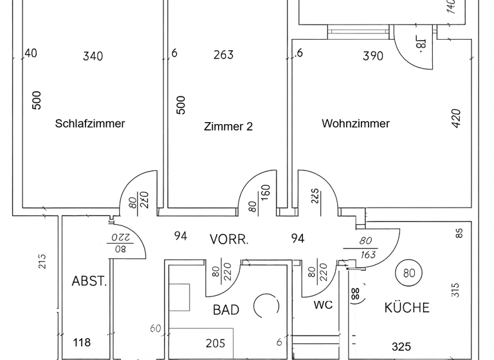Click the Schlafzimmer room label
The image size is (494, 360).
point(90,123)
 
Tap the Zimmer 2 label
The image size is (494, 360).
point(228,127)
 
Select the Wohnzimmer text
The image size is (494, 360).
point(356,123)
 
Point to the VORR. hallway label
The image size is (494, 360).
point(230,239)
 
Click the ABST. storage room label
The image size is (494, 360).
point(89,281)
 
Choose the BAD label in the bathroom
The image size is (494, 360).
point(226,310)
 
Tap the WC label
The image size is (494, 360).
point(323,305)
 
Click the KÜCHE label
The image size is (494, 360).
point(407,308)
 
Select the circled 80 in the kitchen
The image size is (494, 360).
point(408,272)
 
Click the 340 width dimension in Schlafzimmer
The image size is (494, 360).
point(93,57)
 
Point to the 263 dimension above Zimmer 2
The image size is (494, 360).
point(223,55)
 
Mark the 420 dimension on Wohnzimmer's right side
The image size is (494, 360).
point(456,120)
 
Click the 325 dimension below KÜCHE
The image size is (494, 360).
point(401,347)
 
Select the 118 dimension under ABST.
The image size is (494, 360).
point(82,343)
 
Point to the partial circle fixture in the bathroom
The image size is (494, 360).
point(265,307)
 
